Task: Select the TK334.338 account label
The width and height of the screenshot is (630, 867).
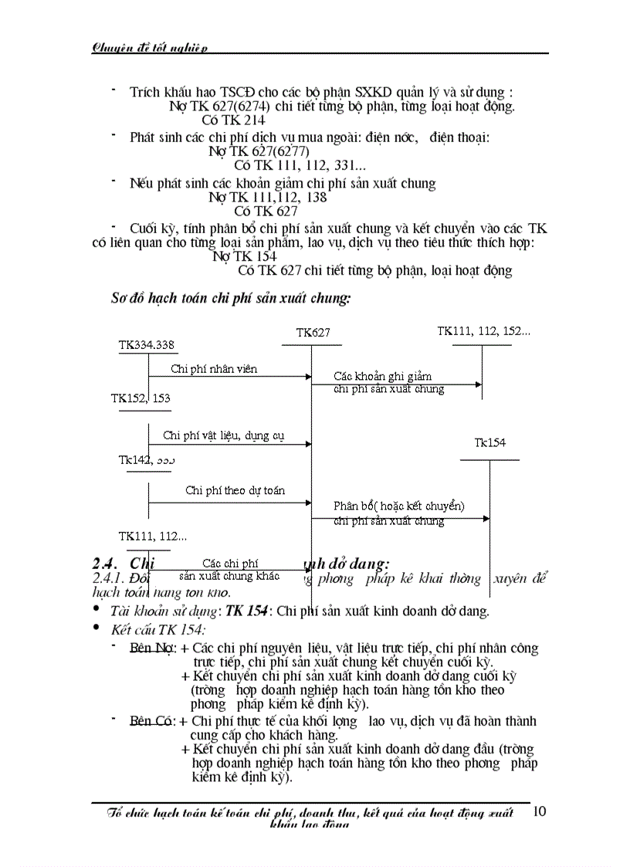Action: point(146,345)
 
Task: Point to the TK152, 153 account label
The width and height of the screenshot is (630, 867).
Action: point(141,398)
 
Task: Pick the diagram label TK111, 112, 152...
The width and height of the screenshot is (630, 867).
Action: point(483,331)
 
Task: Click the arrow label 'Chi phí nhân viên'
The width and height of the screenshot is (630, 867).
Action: point(214,369)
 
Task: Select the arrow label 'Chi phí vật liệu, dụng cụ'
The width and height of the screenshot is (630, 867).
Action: point(223,435)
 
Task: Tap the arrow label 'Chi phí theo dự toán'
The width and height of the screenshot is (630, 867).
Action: point(235,490)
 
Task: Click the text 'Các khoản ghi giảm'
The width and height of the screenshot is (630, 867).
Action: point(382,376)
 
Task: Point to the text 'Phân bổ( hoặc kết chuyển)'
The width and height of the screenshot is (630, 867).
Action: point(398,506)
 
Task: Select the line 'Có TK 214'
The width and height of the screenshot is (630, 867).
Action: point(233,120)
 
